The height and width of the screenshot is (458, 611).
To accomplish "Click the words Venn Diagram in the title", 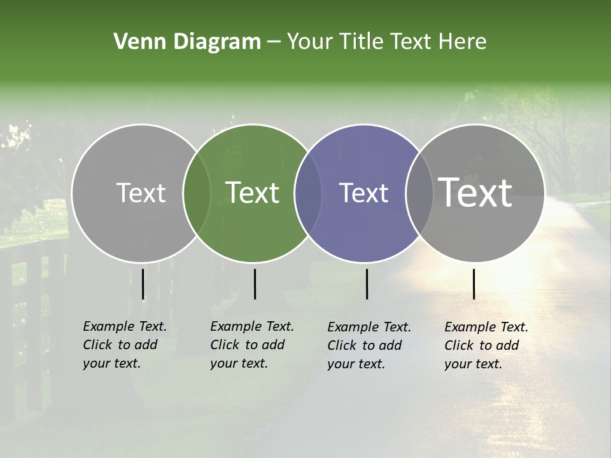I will [x=186, y=42].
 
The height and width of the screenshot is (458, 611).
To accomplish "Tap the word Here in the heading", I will [x=463, y=42].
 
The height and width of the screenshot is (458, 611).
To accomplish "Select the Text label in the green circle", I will [x=253, y=193].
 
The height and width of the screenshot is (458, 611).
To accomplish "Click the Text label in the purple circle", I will [x=364, y=193].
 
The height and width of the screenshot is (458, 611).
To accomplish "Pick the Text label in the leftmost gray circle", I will [x=141, y=193].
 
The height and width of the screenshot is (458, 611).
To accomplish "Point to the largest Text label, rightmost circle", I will [x=475, y=193].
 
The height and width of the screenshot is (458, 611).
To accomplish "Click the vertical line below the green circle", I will [x=255, y=284].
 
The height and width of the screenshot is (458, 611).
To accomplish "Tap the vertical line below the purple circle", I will [x=367, y=284].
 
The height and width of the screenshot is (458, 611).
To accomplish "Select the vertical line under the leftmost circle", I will [x=143, y=284].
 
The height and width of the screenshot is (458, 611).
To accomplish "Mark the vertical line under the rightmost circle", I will [x=474, y=284].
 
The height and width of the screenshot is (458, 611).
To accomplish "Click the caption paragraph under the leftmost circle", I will [x=125, y=345].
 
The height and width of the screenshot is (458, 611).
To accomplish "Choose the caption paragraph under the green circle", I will [x=252, y=345].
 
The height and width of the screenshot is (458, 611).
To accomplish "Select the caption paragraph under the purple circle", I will [x=369, y=345].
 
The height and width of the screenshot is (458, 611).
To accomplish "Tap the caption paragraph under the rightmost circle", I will [x=486, y=345].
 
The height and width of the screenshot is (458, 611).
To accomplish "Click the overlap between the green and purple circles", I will [x=308, y=193].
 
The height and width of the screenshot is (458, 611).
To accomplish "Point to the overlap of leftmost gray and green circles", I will [x=197, y=193].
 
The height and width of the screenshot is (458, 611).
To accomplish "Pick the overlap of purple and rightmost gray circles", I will [x=419, y=193].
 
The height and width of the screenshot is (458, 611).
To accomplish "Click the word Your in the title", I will [x=311, y=42].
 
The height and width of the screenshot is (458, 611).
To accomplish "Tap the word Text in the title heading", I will [x=412, y=42].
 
